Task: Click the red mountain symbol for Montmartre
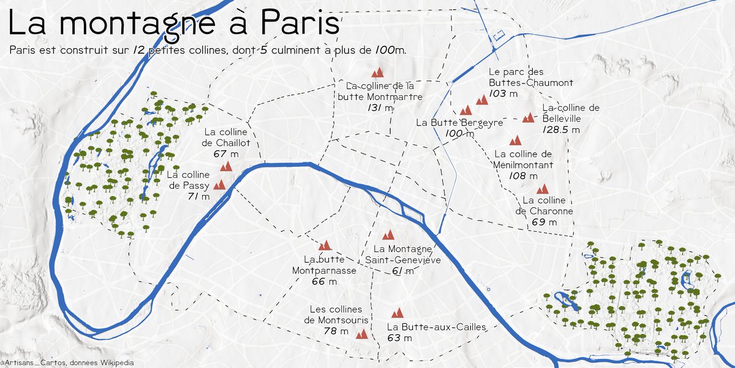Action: (377, 72)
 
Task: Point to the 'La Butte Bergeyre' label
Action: (459, 123)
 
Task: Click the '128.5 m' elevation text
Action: (561, 130)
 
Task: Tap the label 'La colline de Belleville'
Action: (570, 113)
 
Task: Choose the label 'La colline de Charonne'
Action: (545, 206)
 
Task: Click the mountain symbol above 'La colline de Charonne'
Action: (542, 189)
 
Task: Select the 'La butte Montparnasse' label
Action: (324, 265)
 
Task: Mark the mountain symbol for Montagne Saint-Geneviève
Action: (388, 235)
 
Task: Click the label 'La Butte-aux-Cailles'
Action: (436, 327)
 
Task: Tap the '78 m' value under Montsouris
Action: (336, 331)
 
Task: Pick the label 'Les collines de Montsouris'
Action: (336, 315)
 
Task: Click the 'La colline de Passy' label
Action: (188, 180)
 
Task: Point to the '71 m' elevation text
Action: (198, 197)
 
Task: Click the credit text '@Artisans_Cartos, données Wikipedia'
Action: (67, 363)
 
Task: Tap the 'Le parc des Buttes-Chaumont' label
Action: (530, 77)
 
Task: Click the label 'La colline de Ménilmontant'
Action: (523, 159)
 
